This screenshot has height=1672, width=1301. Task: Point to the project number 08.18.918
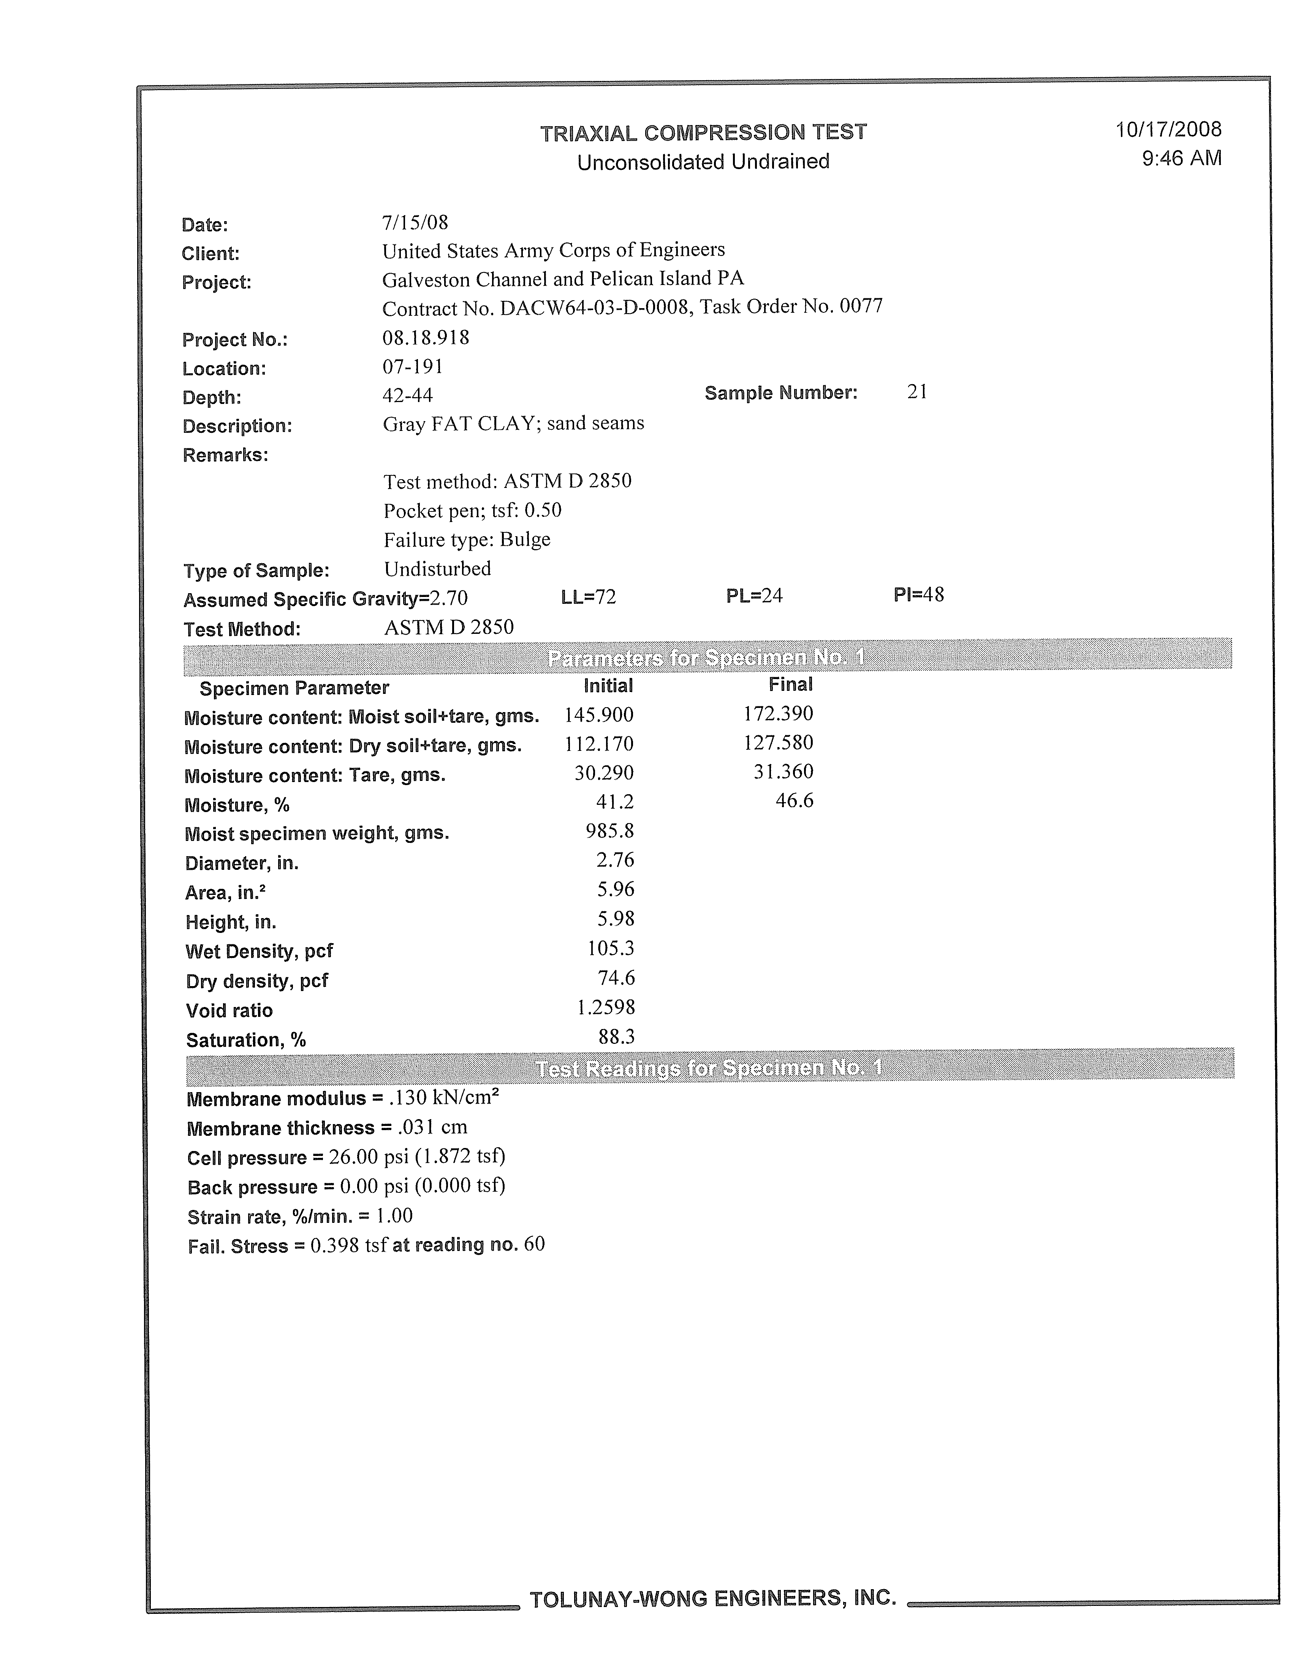click(426, 337)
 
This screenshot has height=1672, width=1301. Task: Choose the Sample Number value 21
click(917, 392)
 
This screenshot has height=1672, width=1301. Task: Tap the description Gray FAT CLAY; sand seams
click(513, 423)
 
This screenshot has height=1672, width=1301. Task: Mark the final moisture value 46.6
click(795, 801)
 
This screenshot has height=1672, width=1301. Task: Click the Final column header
click(791, 684)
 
